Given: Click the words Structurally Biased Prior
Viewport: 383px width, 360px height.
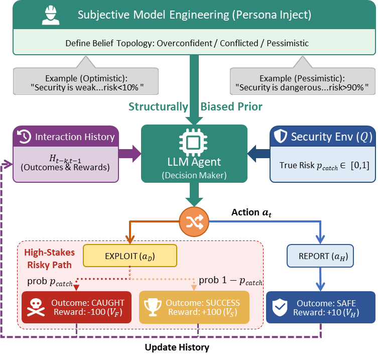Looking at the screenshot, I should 195,106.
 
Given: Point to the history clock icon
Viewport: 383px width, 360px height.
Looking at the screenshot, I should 24,137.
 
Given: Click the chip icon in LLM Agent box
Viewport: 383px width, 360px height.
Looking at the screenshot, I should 194,143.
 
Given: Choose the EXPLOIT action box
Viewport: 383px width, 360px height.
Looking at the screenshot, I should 130,256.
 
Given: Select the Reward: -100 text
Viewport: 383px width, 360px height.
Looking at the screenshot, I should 87,313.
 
